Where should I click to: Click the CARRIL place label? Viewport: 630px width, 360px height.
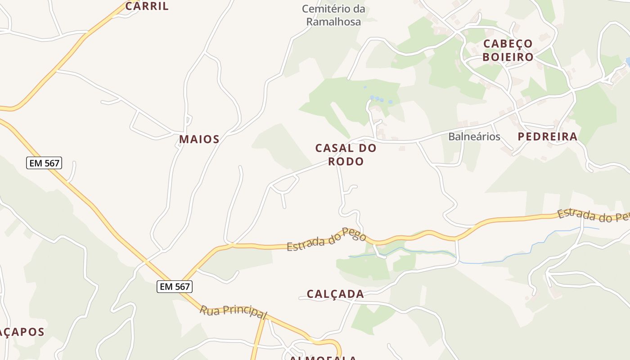click(x=147, y=6)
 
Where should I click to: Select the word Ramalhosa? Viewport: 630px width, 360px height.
click(x=333, y=22)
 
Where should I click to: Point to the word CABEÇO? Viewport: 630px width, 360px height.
click(x=508, y=44)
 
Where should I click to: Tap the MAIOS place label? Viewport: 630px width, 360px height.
click(x=199, y=139)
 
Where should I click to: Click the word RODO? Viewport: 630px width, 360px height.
click(x=346, y=162)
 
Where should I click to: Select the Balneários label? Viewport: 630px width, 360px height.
click(x=474, y=137)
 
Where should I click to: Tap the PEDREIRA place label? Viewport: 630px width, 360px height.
click(x=547, y=137)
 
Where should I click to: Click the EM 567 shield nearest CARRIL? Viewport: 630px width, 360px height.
click(x=44, y=163)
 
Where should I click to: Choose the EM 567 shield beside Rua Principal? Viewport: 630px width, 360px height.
click(x=175, y=286)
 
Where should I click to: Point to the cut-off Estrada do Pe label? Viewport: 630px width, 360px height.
click(x=593, y=215)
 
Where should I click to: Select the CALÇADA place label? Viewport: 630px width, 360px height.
click(x=335, y=294)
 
